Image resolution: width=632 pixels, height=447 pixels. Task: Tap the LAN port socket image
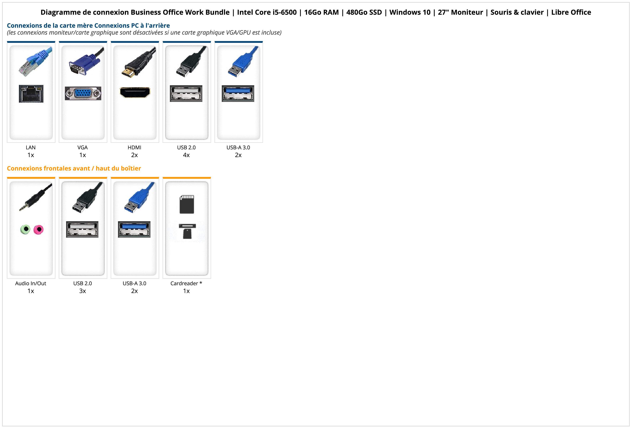[x=31, y=94]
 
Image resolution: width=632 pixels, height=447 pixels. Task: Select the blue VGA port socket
[x=83, y=93]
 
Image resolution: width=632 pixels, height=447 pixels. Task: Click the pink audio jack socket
[x=39, y=229]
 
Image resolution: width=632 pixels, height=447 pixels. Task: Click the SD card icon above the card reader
[x=187, y=204]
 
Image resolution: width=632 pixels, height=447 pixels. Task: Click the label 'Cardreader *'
[x=186, y=283]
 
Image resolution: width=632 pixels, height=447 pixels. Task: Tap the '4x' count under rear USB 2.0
[x=186, y=155]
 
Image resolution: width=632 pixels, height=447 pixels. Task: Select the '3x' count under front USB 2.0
[x=83, y=291]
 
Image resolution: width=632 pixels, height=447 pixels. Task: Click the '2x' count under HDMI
[x=134, y=155]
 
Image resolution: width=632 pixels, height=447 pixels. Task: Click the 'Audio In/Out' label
[x=31, y=283]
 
